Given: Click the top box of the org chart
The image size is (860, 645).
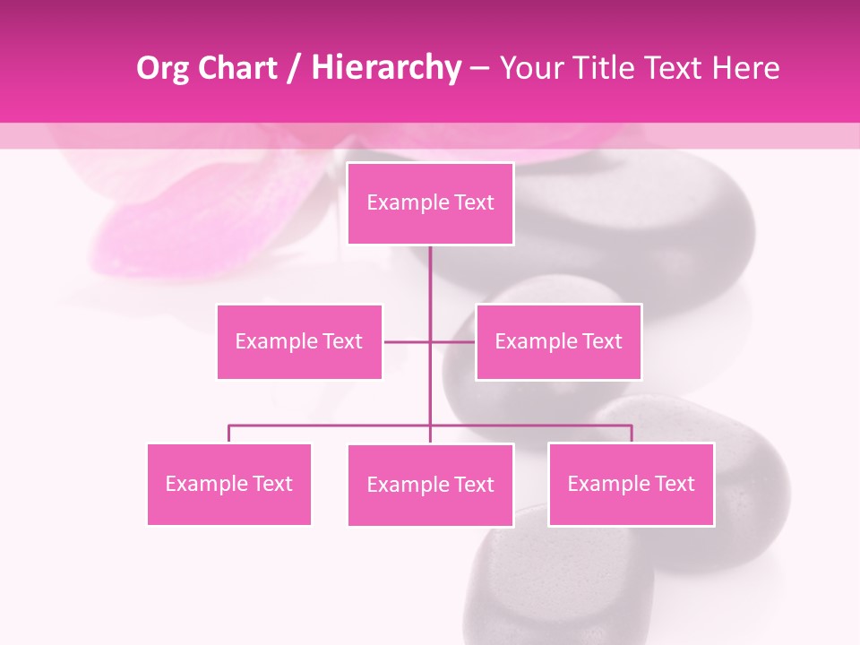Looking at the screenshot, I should (x=430, y=203).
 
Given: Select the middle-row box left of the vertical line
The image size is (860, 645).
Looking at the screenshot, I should (x=299, y=341).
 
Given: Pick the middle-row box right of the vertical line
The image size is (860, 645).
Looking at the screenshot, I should (x=558, y=341).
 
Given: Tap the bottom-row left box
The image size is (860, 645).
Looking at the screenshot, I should (x=228, y=484).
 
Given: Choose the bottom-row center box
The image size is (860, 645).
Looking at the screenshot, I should (x=430, y=485).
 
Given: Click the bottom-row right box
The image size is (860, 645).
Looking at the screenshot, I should (x=631, y=484).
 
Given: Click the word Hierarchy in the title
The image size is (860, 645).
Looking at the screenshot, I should (x=385, y=68).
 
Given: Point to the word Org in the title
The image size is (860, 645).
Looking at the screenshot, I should (x=164, y=68).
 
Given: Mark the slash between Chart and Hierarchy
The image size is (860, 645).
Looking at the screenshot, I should (x=295, y=68).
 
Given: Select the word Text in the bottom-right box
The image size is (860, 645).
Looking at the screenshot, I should (x=675, y=484).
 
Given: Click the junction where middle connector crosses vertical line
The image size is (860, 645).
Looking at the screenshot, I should (x=430, y=341).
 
